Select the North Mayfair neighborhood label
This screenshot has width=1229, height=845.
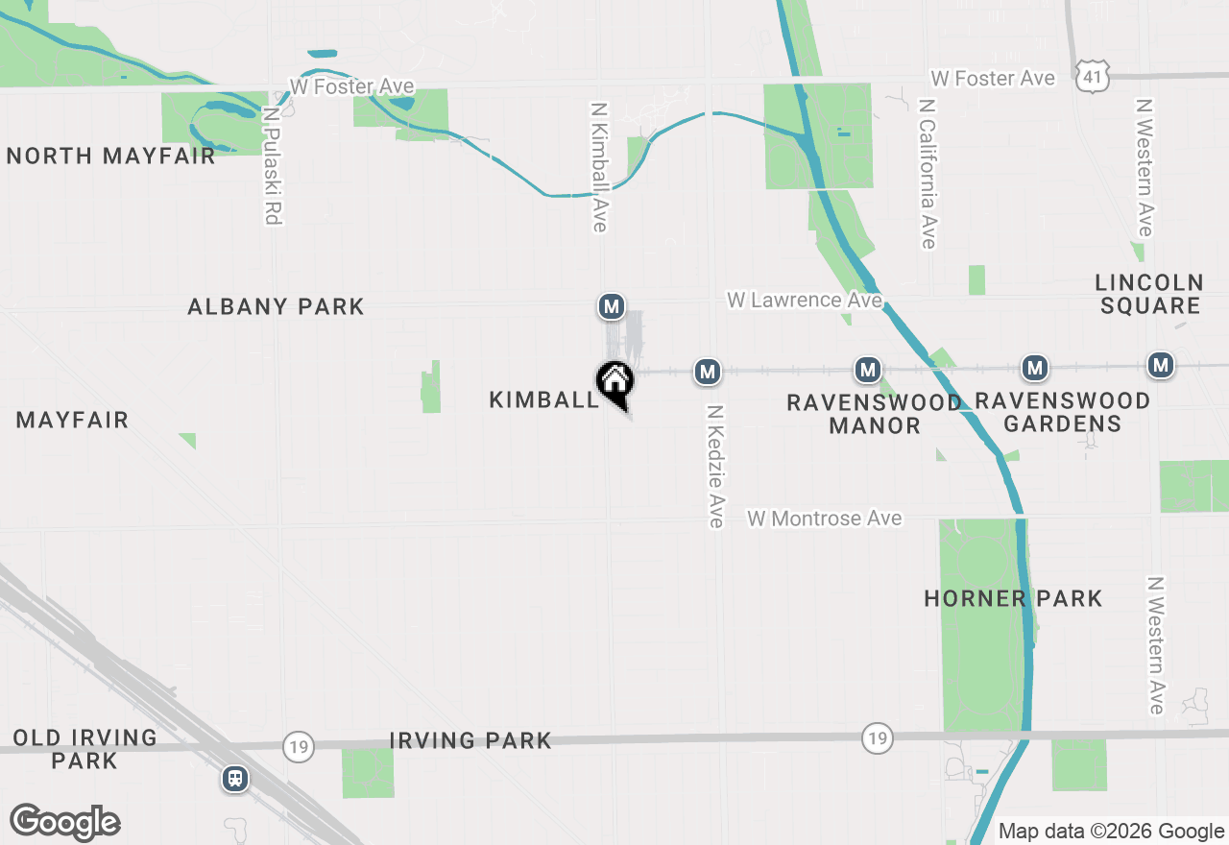[110, 156]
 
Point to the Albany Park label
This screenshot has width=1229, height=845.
[276, 306]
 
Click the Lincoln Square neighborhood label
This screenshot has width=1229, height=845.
[1149, 294]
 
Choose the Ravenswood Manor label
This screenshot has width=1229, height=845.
[874, 414]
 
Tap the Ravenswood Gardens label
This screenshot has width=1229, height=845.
[1062, 412]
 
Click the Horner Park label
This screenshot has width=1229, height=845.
[1013, 599]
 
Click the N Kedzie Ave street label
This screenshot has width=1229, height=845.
[714, 466]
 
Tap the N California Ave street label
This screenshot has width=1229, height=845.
[927, 173]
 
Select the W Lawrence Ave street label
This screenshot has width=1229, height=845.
[804, 300]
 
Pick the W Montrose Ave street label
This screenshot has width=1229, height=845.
[825, 519]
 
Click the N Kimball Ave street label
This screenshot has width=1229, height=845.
[600, 167]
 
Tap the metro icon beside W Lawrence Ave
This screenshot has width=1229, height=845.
[611, 306]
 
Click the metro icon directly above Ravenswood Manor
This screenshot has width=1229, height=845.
[868, 370]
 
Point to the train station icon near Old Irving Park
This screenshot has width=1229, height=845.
[235, 778]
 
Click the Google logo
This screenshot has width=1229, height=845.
[64, 822]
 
